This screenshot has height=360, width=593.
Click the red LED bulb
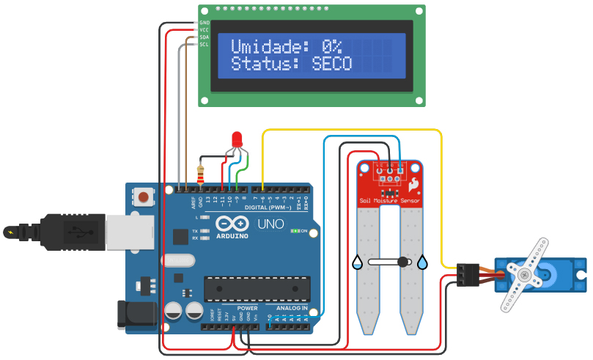point(237,139)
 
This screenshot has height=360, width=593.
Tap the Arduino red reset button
point(144,196)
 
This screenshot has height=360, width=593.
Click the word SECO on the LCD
point(332,64)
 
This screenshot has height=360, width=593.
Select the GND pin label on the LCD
point(205,23)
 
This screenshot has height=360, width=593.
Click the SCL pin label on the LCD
point(205,45)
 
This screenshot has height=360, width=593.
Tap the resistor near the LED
point(202,175)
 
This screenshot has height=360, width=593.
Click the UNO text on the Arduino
point(270,224)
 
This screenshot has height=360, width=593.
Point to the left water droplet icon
point(356,262)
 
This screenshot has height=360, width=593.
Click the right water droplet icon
point(423,262)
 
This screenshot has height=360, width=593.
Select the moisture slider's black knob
point(402,262)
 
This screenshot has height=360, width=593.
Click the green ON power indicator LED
point(294,231)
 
